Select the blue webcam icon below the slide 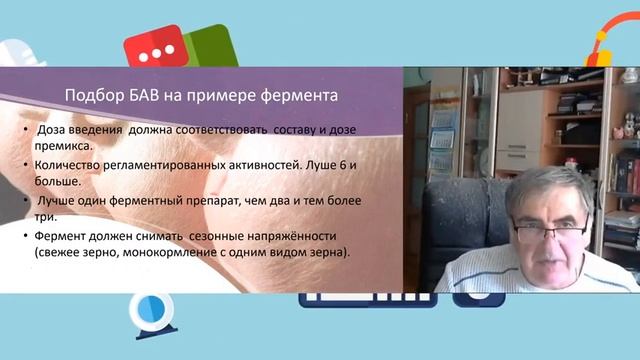151,312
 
